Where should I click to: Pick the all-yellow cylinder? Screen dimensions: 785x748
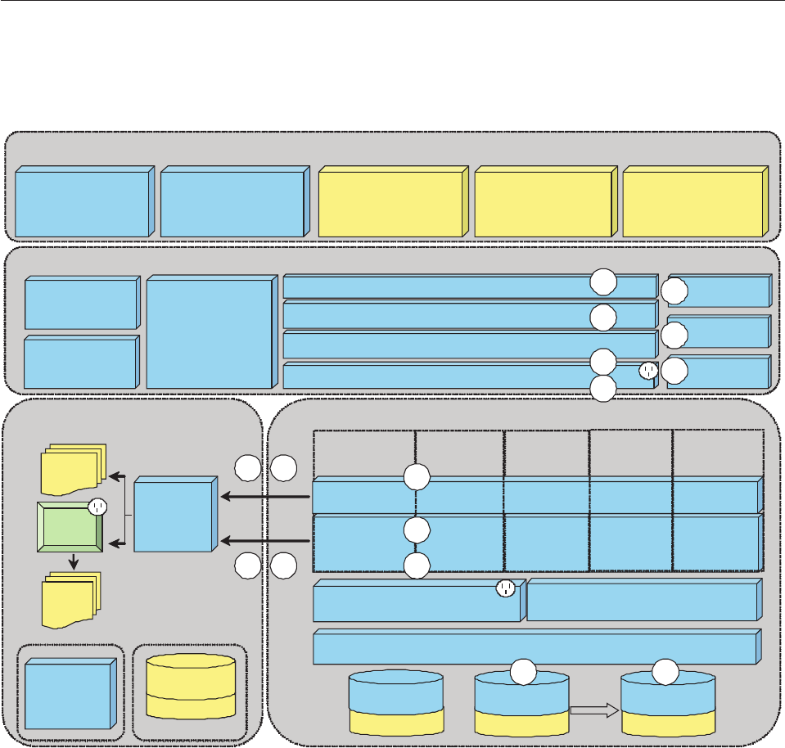(190, 686)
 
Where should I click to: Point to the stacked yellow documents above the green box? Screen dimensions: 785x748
(71, 469)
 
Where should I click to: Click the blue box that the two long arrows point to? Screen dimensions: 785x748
(174, 516)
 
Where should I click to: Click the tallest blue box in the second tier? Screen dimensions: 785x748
(208, 334)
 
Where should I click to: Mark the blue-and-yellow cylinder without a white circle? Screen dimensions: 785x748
(396, 703)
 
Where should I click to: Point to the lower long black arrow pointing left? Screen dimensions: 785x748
(266, 540)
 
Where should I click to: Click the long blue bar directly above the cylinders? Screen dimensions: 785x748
(534, 647)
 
